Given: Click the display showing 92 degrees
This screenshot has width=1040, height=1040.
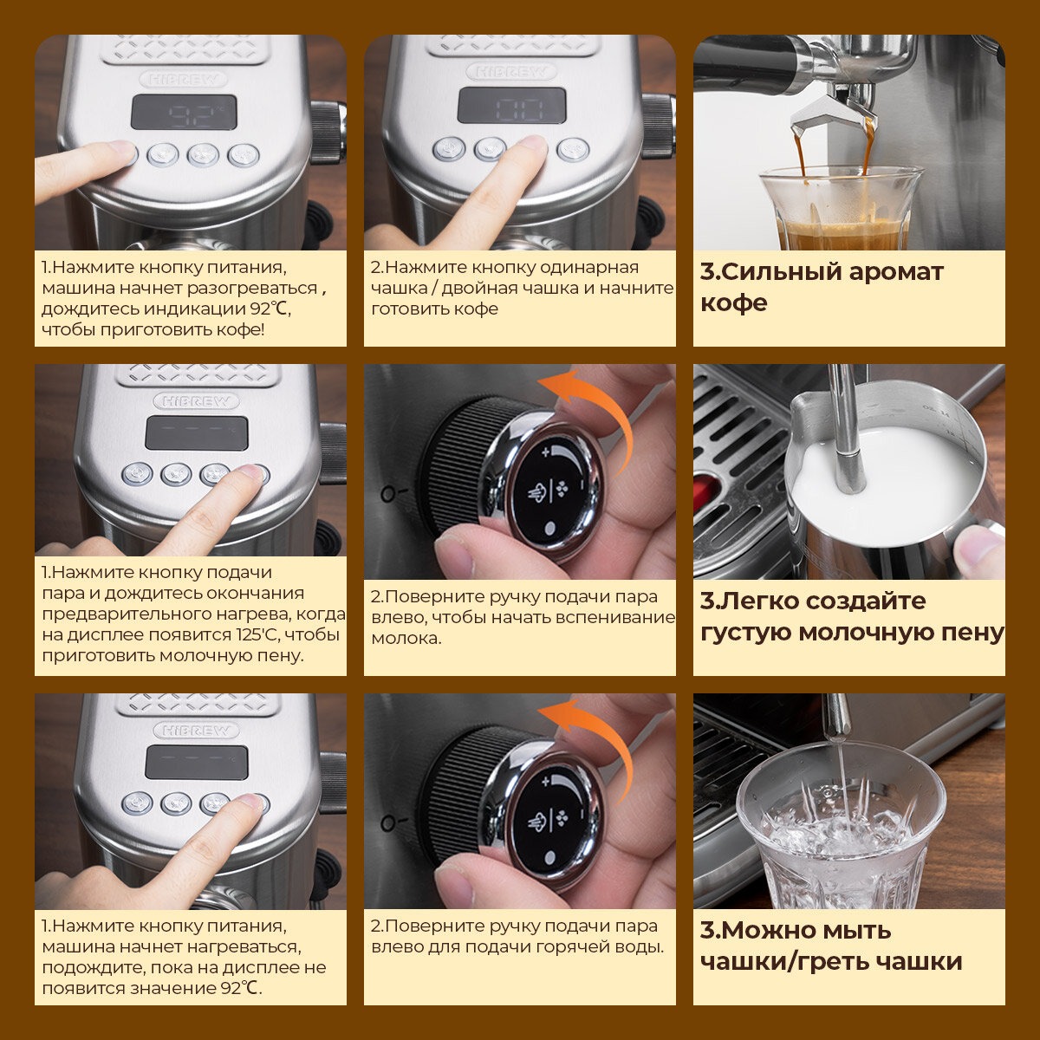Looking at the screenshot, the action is pyautogui.click(x=184, y=113).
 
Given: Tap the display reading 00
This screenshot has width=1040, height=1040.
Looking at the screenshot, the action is pyautogui.click(x=511, y=105).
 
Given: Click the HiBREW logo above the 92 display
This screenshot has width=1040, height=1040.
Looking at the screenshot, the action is pyautogui.click(x=184, y=80).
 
